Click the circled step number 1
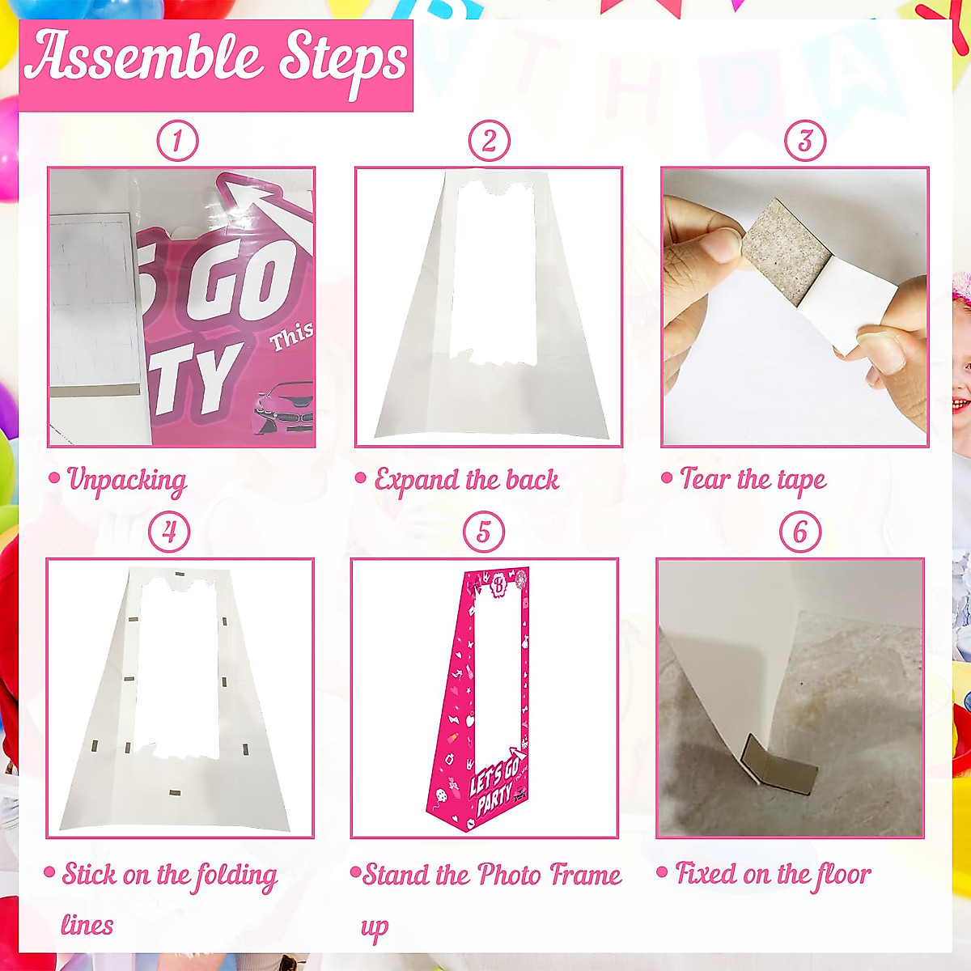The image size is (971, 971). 177,141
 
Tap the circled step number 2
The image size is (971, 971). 489,141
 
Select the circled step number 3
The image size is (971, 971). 804,141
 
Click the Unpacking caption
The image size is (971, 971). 126,480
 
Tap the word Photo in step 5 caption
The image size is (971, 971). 510,875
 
